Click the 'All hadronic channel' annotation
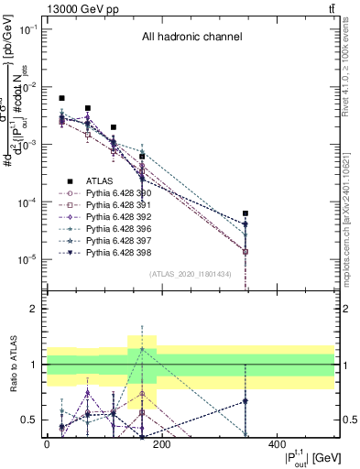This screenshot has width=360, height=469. pos(191,38)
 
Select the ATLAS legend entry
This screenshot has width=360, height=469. pos(98,181)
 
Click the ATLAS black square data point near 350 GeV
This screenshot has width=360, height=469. pos(245,213)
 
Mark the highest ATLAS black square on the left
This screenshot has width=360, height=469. pos(61,98)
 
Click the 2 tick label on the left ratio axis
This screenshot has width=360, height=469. pos(33,309)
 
